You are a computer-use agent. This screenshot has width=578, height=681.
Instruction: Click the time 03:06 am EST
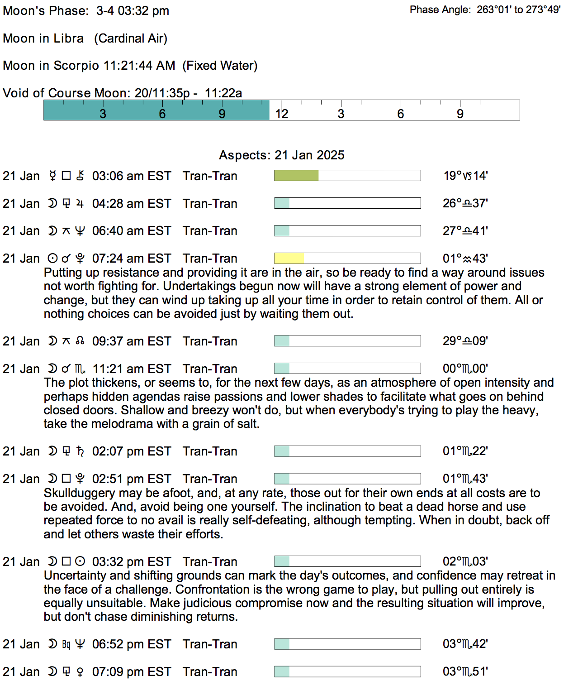[132, 176]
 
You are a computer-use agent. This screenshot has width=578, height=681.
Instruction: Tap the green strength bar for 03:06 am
[296, 176]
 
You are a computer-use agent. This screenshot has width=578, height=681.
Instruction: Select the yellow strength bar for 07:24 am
[289, 258]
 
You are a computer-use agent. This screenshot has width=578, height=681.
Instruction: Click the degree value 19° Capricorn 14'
[465, 176]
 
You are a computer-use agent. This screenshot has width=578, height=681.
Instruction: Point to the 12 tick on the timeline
[282, 114]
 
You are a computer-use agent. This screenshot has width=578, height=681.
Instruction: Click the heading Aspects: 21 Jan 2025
[281, 155]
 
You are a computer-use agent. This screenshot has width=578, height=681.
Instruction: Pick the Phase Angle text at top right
[485, 10]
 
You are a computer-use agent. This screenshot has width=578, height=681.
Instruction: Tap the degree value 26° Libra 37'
[465, 203]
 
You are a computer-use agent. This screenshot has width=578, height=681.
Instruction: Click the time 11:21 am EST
[132, 369]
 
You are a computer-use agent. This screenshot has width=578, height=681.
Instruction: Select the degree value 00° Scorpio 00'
[465, 369]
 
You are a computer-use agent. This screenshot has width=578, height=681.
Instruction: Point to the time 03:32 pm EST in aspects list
[132, 561]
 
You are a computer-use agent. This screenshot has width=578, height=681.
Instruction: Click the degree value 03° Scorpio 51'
[465, 671]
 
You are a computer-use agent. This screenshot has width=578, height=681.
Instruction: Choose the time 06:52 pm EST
[132, 644]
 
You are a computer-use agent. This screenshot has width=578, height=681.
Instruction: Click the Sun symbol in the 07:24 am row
[52, 258]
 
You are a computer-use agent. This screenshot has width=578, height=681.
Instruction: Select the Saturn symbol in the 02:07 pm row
[80, 451]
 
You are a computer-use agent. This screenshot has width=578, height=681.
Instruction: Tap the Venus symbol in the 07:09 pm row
[80, 671]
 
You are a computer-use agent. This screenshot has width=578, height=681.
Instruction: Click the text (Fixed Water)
[220, 66]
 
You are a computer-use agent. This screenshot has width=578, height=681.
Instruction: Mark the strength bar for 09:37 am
[347, 341]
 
